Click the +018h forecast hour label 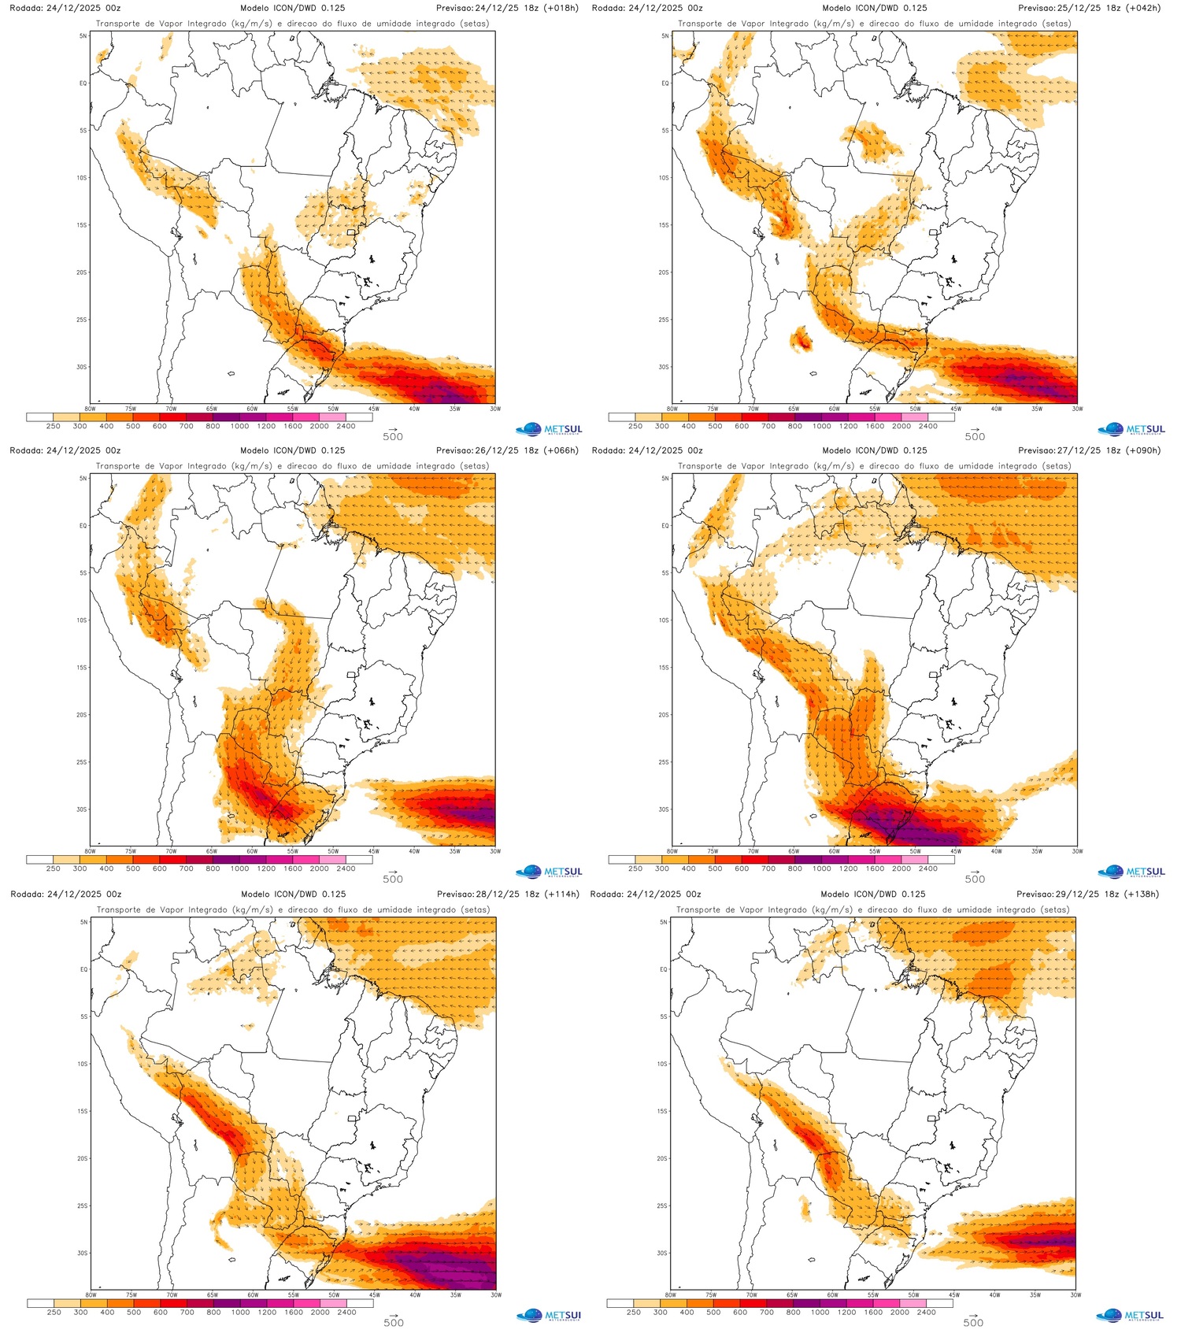tap(561, 8)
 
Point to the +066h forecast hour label tap(561, 450)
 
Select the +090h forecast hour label tap(1143, 450)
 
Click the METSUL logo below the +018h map tap(550, 430)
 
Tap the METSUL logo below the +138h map tap(1131, 1315)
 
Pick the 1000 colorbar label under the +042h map tap(821, 427)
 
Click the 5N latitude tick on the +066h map tap(83, 478)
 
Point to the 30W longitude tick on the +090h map tap(1076, 851)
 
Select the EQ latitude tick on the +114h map tap(83, 969)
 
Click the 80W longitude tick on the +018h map tap(90, 409)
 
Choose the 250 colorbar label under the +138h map tap(634, 1313)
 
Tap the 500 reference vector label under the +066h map tap(393, 880)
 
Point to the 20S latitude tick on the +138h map tap(662, 1158)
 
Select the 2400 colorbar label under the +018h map tap(346, 427)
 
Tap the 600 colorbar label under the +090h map tap(741, 869)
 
